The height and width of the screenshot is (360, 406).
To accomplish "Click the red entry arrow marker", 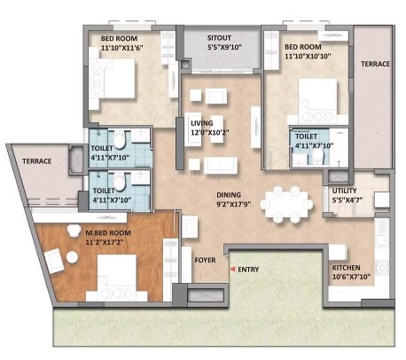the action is (233, 270).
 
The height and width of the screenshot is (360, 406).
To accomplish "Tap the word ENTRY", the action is (248, 270).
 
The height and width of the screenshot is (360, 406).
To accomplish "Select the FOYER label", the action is (205, 260).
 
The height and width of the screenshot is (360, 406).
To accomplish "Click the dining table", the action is (286, 204).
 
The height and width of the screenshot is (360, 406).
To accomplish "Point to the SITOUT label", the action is (219, 38).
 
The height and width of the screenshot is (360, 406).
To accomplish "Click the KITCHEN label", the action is (346, 268).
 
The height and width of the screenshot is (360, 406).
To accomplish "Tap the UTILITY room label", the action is (344, 191).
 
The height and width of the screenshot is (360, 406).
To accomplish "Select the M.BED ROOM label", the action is (108, 233).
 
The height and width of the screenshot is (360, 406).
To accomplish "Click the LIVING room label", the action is (202, 123).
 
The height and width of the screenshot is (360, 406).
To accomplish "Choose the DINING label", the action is (229, 195).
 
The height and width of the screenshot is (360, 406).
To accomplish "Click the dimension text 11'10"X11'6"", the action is (122, 48).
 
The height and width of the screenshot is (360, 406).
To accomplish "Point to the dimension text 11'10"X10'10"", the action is (308, 56).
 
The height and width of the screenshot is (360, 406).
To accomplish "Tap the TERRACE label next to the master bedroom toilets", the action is (37, 161).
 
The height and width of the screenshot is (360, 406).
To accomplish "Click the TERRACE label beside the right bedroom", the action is (375, 64).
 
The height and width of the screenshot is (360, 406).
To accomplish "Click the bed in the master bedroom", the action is (117, 278).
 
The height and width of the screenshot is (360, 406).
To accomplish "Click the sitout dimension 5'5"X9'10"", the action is (224, 47).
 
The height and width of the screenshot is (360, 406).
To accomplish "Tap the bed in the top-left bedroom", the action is (112, 79).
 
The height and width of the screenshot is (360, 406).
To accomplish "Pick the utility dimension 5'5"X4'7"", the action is (347, 200).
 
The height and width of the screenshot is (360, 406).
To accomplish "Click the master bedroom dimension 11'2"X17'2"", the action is (105, 242).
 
